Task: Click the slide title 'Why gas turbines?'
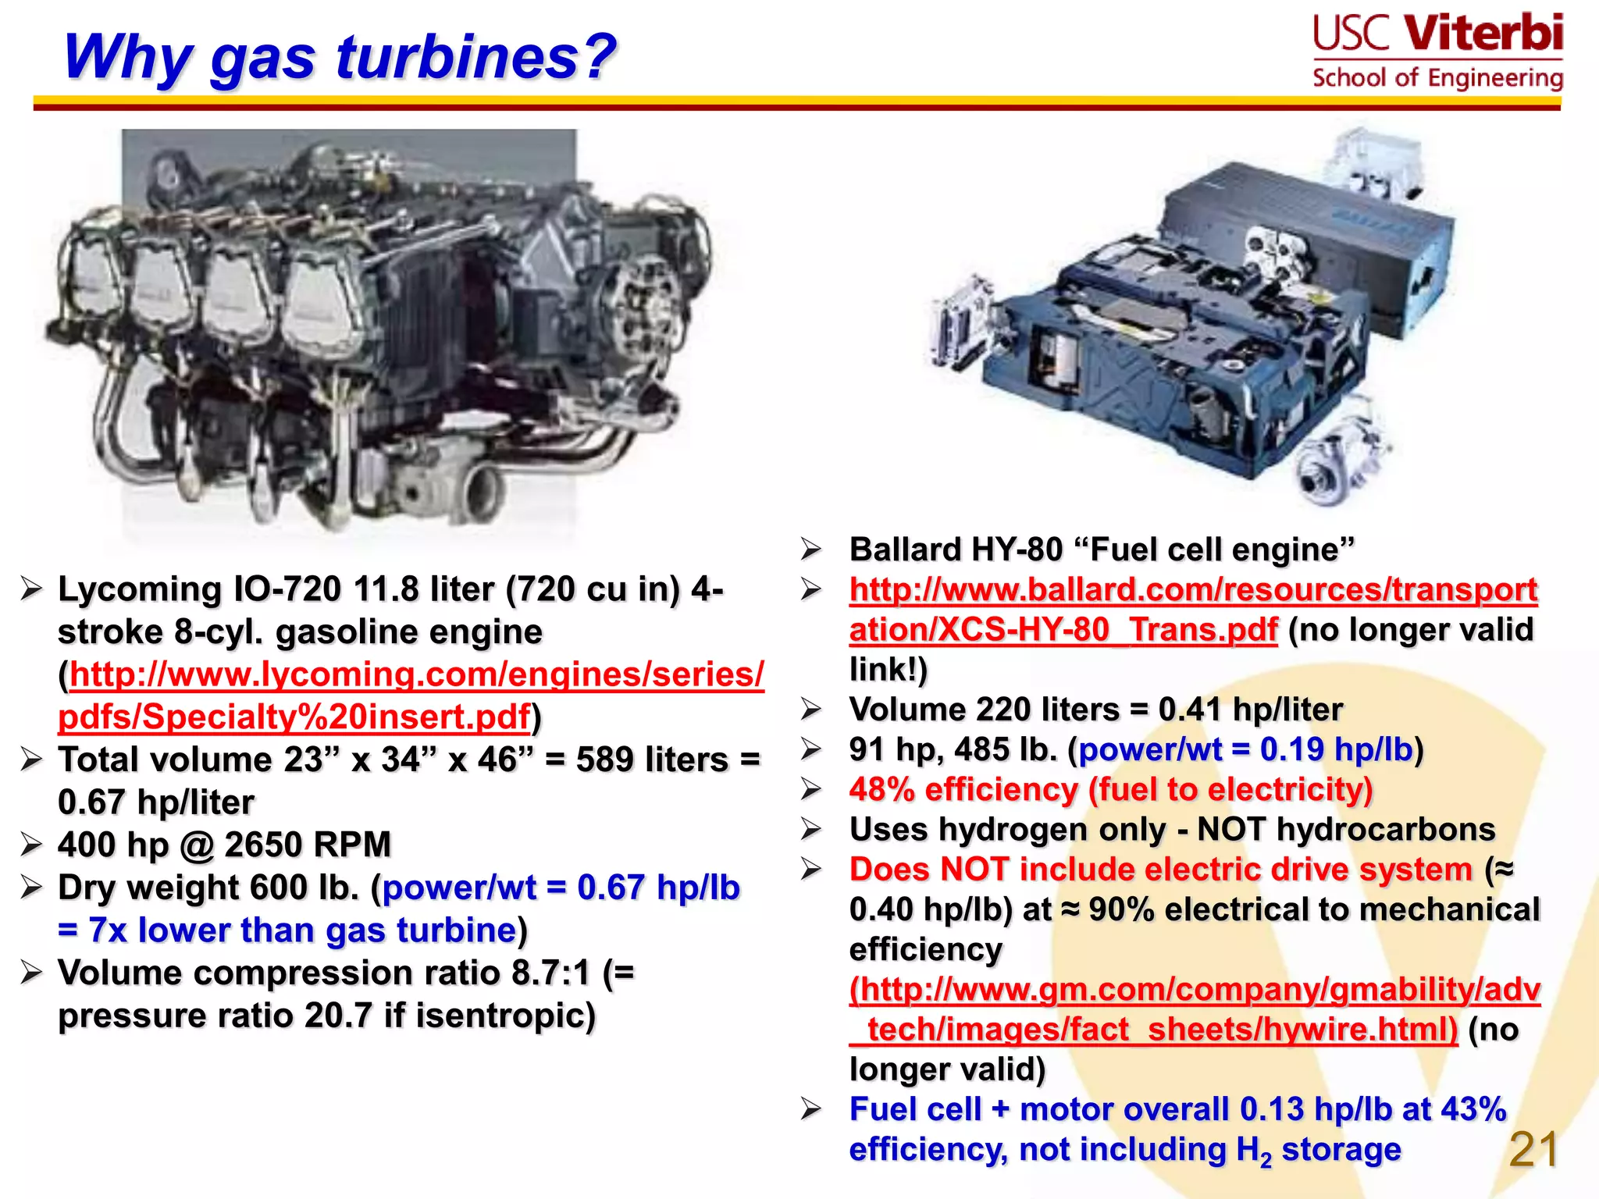coord(340,58)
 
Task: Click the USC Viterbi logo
coord(1437,52)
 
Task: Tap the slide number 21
coord(1533,1150)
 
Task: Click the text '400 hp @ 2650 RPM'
coord(224,845)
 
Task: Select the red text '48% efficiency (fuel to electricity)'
coord(1110,790)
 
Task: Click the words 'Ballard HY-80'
coord(956,550)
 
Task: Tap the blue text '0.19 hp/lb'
coord(1336,749)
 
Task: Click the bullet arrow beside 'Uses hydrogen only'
coord(811,829)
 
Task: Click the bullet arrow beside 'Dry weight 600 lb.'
coord(31,888)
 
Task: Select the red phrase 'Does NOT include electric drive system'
coord(1160,870)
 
